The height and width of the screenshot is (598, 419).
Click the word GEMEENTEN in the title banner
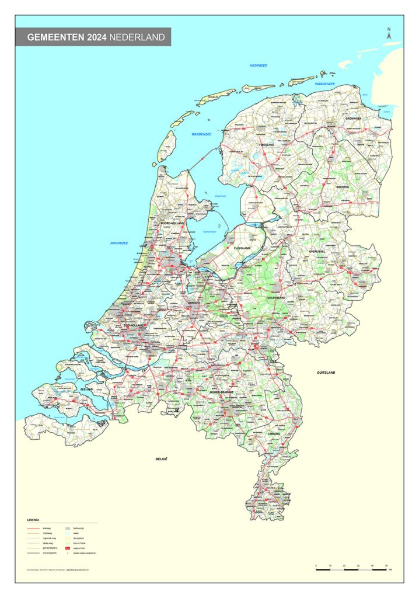(x=55, y=37)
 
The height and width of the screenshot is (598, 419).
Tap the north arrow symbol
(x=389, y=34)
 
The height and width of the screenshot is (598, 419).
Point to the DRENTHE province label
(x=342, y=187)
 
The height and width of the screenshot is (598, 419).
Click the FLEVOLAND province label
(x=242, y=248)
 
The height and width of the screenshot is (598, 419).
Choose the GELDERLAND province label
(x=276, y=297)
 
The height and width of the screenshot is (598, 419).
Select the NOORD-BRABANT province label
(x=221, y=392)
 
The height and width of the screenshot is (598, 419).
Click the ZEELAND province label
(x=86, y=389)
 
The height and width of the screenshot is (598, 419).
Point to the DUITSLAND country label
(x=326, y=372)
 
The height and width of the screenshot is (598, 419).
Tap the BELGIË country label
(x=162, y=460)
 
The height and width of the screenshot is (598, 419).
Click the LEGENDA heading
(x=33, y=519)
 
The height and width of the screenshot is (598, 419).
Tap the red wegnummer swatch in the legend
(x=68, y=548)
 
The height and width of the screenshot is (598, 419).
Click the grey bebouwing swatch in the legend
(x=68, y=527)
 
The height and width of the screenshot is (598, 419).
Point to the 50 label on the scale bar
(x=386, y=566)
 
